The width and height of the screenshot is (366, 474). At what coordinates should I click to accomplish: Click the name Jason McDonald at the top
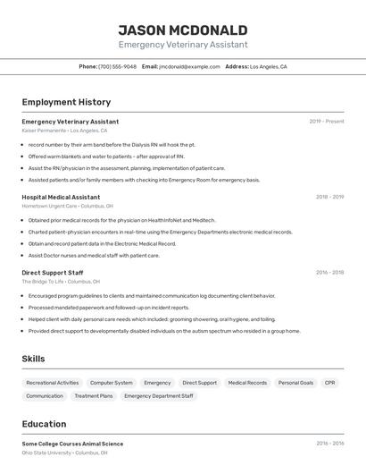[183, 30]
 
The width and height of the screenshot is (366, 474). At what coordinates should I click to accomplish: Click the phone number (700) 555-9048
[117, 66]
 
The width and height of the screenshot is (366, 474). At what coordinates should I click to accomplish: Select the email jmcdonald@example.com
[189, 66]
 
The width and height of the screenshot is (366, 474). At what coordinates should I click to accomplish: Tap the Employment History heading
[66, 102]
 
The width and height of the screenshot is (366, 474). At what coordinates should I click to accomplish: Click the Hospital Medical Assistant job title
[61, 197]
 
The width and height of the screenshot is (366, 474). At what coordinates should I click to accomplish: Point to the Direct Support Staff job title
[53, 273]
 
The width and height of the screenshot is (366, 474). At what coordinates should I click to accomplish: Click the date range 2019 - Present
[327, 122]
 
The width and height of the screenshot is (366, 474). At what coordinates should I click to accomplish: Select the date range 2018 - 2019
[329, 197]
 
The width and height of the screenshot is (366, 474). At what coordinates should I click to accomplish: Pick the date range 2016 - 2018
[329, 273]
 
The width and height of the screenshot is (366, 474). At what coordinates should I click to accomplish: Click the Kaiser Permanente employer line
[60, 131]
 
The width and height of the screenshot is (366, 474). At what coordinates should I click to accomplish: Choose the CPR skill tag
[330, 383]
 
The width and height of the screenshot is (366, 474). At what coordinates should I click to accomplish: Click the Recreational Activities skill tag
[53, 383]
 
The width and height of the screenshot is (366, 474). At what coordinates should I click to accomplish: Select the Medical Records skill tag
[247, 383]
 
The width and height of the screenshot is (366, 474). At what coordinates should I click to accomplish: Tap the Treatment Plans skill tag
[94, 395]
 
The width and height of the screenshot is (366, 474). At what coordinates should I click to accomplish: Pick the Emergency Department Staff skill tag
[159, 395]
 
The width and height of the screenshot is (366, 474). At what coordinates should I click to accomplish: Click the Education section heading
[44, 424]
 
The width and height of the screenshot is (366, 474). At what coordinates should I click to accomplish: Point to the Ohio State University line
[64, 453]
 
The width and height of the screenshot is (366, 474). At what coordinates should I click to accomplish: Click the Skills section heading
[34, 359]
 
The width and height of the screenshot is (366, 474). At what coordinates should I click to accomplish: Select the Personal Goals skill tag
[295, 383]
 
